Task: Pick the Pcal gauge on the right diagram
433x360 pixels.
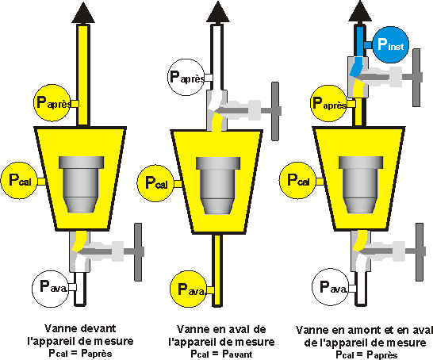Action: coord(297,179)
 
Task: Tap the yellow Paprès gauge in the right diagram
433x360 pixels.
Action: coord(328,102)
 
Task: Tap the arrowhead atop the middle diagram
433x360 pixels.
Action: coord(217,13)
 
